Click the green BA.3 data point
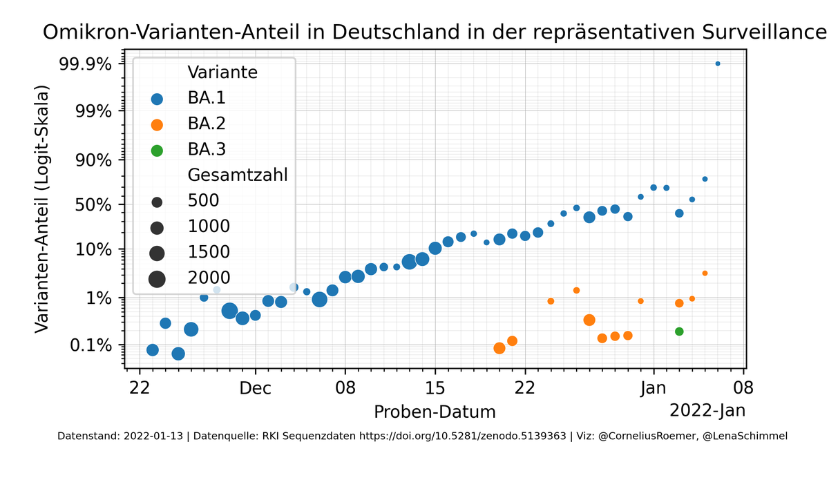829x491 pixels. [x=679, y=331]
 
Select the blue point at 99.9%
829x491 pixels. [x=718, y=64]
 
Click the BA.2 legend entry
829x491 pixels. [x=206, y=124]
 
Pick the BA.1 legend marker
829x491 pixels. [x=157, y=99]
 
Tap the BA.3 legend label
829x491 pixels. [x=207, y=149]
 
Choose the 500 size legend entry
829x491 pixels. [x=204, y=201]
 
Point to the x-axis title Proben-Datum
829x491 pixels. [x=435, y=412]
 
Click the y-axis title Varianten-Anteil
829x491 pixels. [x=43, y=209]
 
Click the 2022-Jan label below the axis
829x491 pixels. [x=707, y=410]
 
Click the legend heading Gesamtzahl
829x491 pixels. [x=237, y=175]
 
